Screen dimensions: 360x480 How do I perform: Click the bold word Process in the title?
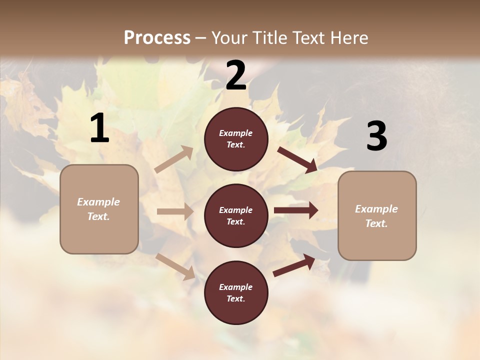point(157,37)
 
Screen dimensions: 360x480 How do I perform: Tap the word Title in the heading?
point(269,37)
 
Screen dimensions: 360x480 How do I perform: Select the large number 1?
point(99,128)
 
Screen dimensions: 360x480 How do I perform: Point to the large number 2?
point(236,75)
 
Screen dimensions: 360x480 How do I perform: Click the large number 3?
point(376,136)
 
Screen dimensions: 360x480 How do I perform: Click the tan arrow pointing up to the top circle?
point(174,159)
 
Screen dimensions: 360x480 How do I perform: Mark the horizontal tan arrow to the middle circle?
point(175,211)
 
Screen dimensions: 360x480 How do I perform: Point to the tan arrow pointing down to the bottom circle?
point(175,266)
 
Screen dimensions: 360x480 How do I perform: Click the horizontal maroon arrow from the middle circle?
point(296,210)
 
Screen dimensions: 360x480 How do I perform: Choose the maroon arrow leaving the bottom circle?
point(294,265)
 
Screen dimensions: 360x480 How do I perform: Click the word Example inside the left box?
point(98,202)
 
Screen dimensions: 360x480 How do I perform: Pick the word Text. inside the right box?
point(376,223)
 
